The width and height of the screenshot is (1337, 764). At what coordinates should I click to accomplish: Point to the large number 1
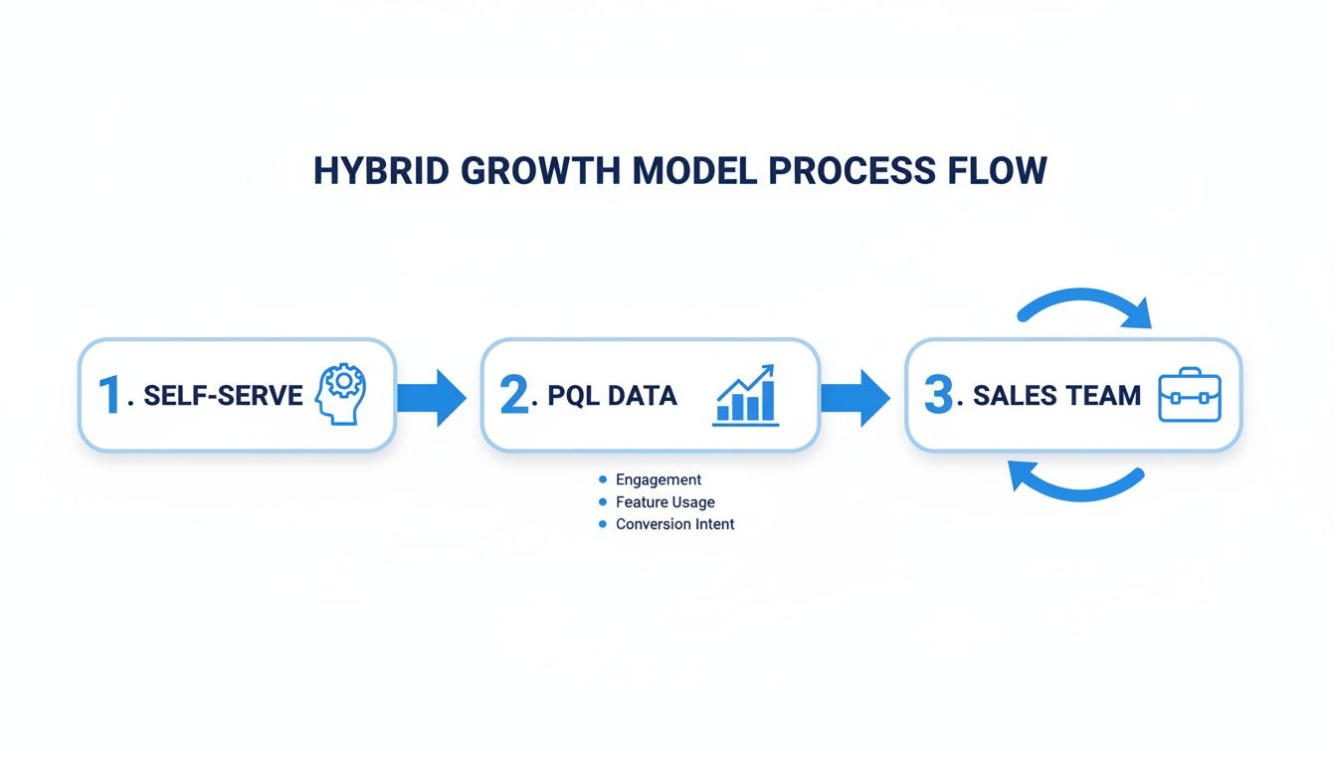109,395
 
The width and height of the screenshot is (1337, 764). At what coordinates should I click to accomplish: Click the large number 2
514,395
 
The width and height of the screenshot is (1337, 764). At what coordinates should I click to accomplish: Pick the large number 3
938,395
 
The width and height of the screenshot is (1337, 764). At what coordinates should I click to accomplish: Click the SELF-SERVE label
223,396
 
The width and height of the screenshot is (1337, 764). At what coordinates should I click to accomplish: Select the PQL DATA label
612,396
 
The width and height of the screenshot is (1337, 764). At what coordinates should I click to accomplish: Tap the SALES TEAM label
1056,396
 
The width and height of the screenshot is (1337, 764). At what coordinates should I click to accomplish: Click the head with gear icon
340,394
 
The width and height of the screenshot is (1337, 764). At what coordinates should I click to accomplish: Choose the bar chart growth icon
746,396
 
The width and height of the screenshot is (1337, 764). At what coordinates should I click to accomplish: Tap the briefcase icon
1189,395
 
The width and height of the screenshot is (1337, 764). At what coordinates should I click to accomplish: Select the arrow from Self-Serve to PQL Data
431,397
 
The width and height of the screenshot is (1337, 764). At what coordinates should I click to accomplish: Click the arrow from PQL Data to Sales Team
855,397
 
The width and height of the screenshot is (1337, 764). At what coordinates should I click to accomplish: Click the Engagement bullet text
659,479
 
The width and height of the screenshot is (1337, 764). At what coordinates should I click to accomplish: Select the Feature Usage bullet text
665,502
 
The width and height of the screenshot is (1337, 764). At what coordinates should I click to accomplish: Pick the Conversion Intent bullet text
674,524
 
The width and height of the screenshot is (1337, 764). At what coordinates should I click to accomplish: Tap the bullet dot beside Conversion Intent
603,524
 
